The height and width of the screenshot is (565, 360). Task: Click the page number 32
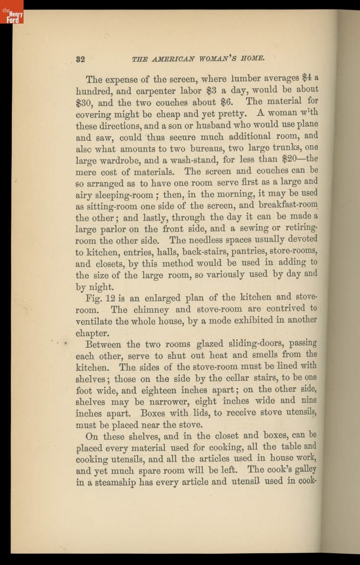(x=80, y=59)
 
